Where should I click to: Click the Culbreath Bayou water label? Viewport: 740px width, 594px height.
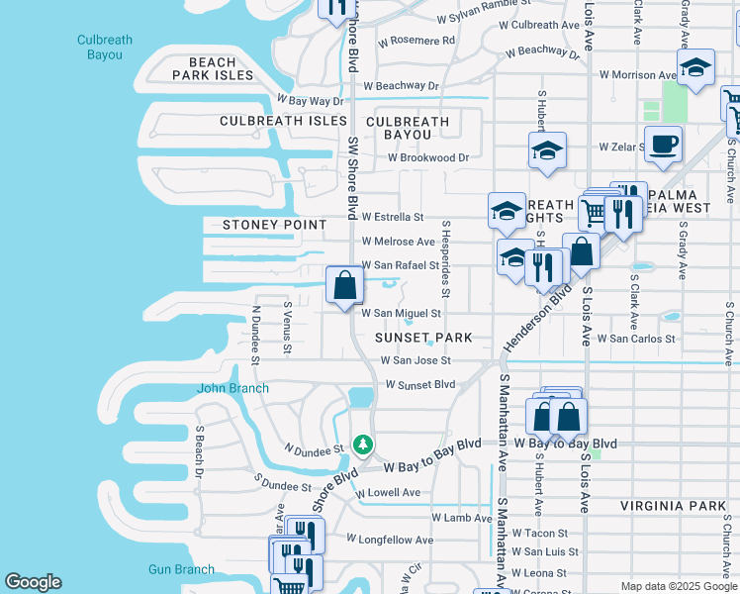click(x=105, y=48)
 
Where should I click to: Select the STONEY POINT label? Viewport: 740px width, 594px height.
click(x=261, y=225)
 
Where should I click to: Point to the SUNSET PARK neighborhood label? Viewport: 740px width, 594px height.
click(x=423, y=338)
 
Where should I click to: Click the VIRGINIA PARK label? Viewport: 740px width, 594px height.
click(x=674, y=506)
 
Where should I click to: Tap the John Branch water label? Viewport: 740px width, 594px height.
click(x=232, y=388)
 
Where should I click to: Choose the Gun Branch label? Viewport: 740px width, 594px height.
click(x=181, y=569)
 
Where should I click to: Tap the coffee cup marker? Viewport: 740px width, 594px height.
click(x=663, y=144)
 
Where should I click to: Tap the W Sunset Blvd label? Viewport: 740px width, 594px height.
click(x=420, y=384)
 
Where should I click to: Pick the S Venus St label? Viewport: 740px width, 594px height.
click(x=288, y=328)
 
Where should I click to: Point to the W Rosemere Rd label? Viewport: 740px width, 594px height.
click(x=416, y=41)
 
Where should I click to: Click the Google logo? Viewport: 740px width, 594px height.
click(x=33, y=582)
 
